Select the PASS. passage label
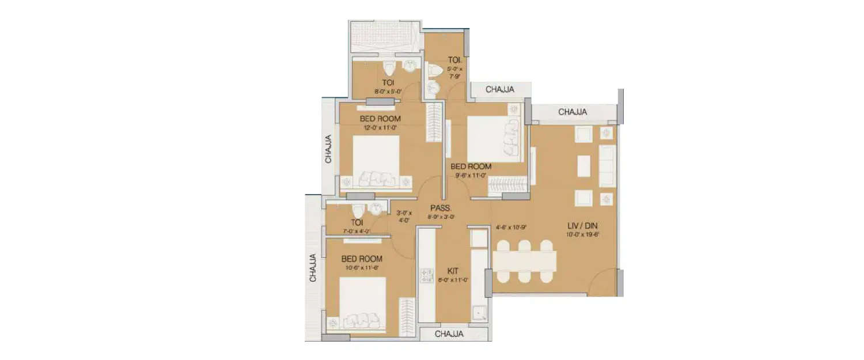(441, 208)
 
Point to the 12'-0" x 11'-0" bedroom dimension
(380, 128)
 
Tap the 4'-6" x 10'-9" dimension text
(511, 227)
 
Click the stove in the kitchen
(427, 276)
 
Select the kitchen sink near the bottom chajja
(479, 313)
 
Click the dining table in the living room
(524, 261)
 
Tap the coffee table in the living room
(583, 166)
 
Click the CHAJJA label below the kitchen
(450, 334)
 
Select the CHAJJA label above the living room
(573, 112)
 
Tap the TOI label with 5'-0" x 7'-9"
(454, 59)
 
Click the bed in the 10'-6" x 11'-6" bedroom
(362, 302)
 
